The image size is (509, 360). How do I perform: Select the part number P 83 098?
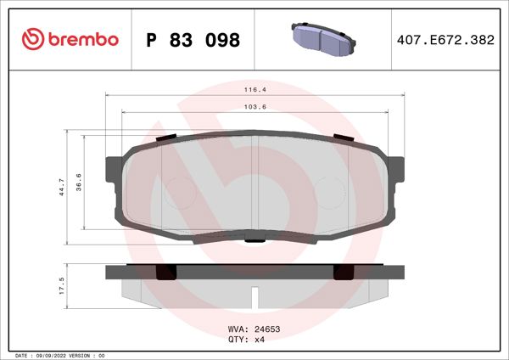click(x=193, y=40)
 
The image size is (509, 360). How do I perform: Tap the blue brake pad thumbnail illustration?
click(x=323, y=38)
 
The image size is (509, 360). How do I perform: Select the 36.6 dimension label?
click(x=77, y=181)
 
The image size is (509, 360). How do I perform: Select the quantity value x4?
click(x=260, y=339)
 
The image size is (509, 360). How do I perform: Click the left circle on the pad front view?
click(x=177, y=191)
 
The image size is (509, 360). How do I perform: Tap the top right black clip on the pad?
click(x=343, y=137)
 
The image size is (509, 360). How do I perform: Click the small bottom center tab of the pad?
click(x=254, y=241)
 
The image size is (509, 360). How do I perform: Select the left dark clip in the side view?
click(x=167, y=273)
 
